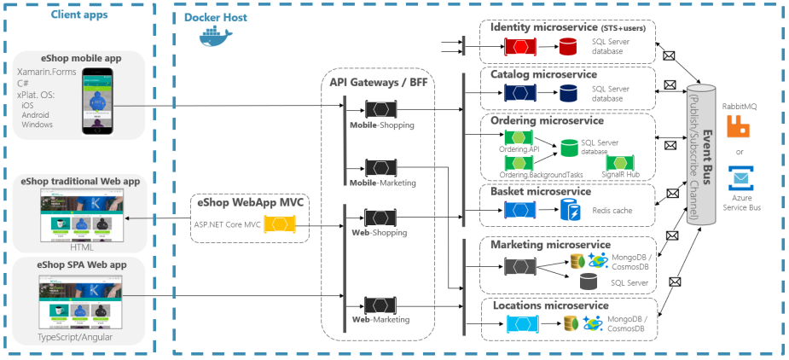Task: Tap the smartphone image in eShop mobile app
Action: point(99,101)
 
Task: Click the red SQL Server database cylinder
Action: point(567,45)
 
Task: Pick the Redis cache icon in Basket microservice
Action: point(569,209)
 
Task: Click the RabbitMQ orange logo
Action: point(739,127)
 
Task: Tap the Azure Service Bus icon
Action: point(739,180)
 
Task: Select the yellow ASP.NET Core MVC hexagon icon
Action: point(279,225)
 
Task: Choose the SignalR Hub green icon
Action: point(620,163)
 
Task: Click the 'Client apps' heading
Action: point(79,15)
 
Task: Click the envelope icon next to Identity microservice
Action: point(670,56)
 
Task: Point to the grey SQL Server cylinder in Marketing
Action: point(588,282)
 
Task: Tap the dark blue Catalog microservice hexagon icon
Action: point(519,93)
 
